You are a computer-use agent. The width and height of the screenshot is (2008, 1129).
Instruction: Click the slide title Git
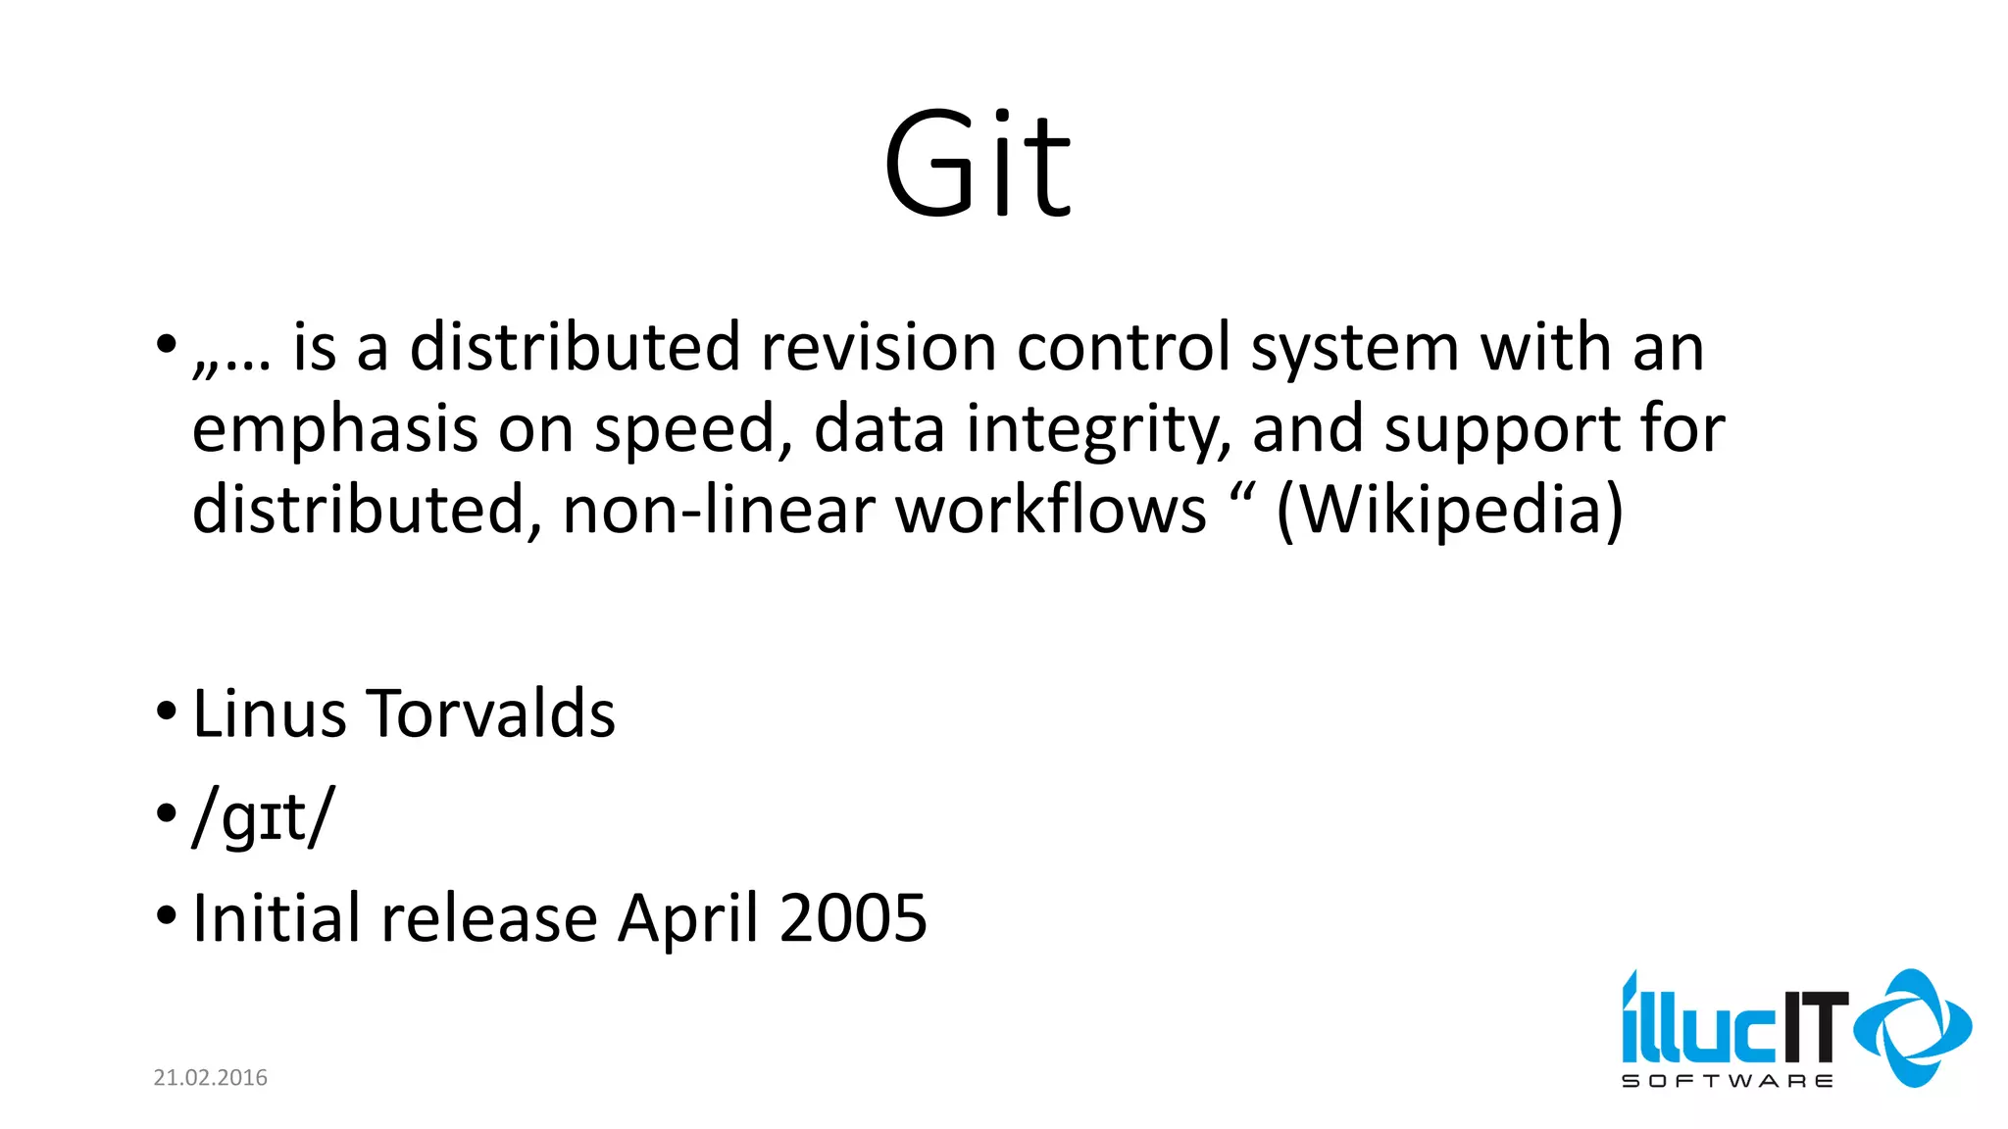tap(978, 165)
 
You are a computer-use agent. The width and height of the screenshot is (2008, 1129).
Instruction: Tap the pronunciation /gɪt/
tap(264, 817)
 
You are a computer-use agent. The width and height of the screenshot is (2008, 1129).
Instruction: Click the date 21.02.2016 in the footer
tap(210, 1078)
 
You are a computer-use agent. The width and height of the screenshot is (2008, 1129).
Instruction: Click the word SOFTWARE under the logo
tap(1727, 1081)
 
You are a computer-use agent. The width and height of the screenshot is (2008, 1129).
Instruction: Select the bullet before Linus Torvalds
tap(166, 712)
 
